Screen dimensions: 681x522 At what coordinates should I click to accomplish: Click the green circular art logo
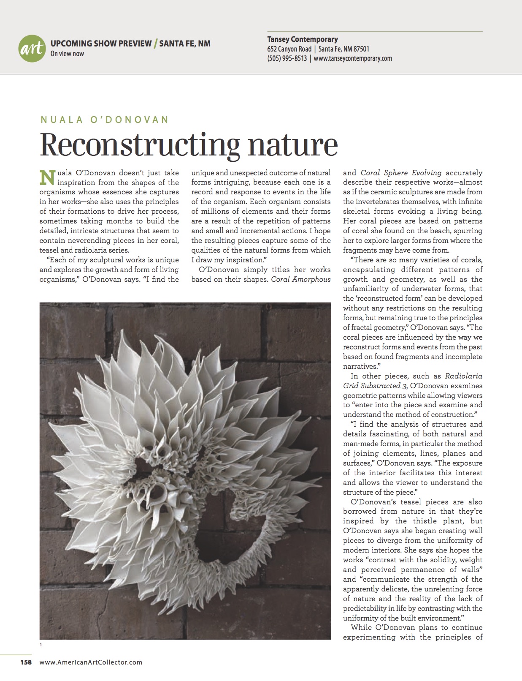[32, 49]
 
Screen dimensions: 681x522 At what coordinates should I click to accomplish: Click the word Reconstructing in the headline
[139, 144]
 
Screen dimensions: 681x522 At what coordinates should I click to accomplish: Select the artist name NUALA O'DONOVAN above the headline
[104, 120]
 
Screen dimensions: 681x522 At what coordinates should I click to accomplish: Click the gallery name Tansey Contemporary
[303, 39]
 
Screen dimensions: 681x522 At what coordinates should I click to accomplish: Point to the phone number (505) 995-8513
[287, 59]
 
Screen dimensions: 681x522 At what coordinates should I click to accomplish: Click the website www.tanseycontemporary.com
[353, 59]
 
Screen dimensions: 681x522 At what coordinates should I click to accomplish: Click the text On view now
[67, 54]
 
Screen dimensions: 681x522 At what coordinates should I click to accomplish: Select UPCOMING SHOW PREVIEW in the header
[101, 44]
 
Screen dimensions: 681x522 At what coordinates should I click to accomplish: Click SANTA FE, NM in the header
[185, 44]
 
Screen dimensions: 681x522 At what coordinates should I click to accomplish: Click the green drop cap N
[47, 177]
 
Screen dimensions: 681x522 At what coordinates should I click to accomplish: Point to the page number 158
[26, 662]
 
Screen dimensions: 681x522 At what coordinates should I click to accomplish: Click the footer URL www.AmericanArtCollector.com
[91, 662]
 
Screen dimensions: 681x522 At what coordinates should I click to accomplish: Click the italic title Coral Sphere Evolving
[401, 173]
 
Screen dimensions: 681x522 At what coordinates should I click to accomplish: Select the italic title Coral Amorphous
[301, 279]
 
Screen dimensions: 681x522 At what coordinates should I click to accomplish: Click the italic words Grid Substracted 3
[372, 386]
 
